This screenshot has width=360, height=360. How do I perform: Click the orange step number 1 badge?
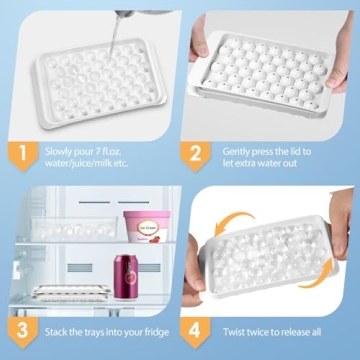tap(17, 153)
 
